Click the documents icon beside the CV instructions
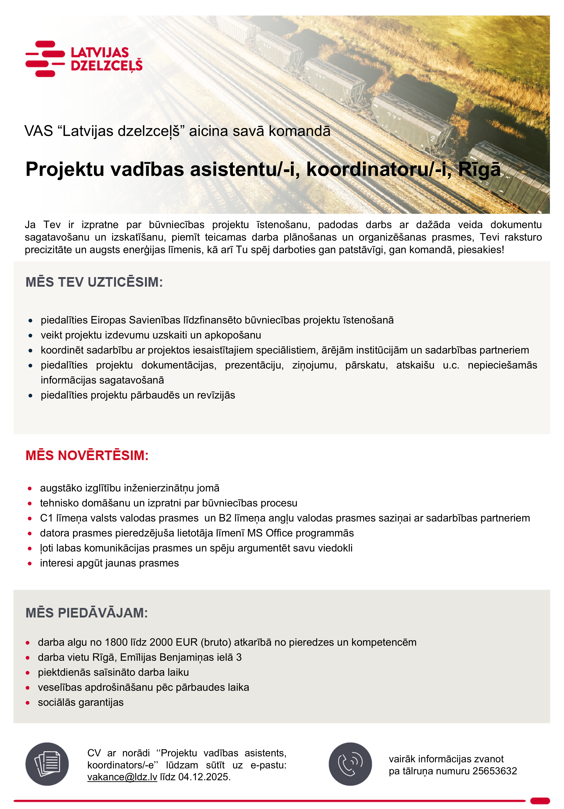[47, 764]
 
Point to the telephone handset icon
[350, 764]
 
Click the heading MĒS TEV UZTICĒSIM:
[94, 282]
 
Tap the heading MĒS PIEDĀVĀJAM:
[87, 613]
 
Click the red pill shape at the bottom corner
[540, 801]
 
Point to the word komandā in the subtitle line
[300, 131]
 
